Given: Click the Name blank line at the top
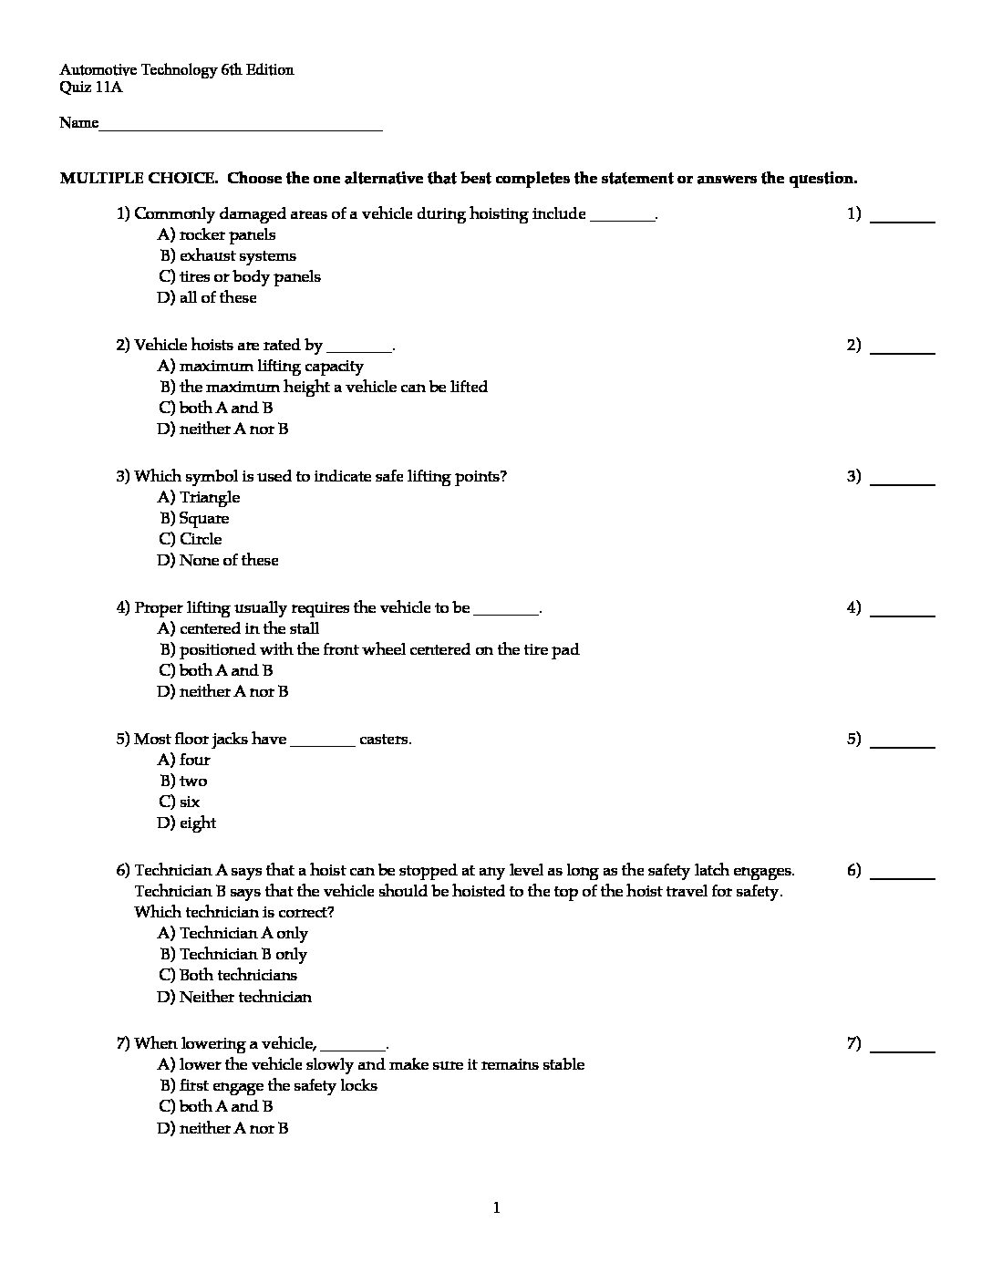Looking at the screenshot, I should (241, 127).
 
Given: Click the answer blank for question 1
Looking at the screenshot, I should (903, 219).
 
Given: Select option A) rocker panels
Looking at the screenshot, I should (216, 235).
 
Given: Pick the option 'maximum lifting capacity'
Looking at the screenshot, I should (260, 367).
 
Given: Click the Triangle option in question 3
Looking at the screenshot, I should (199, 498).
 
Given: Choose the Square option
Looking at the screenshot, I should (194, 519).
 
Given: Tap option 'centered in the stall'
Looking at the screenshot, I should (238, 629).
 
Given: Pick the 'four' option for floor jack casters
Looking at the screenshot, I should (183, 761).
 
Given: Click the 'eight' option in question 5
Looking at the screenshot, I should (186, 823).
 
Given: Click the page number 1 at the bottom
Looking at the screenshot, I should (497, 1209).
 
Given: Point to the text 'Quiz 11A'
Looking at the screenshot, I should (90, 88).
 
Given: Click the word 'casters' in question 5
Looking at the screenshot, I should (385, 740).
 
